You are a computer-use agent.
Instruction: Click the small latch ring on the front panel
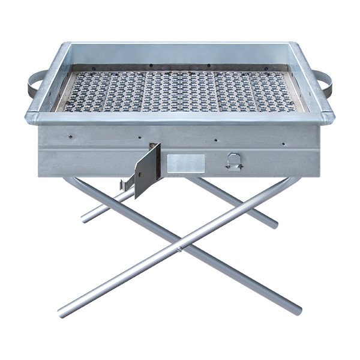(233, 161)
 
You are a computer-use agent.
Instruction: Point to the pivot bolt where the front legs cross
(181, 246)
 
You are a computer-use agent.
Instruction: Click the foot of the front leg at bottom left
(62, 312)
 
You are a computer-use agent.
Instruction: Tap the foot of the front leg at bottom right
(298, 311)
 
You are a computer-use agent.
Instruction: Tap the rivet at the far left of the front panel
(70, 136)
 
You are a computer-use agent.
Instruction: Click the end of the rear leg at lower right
(275, 225)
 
